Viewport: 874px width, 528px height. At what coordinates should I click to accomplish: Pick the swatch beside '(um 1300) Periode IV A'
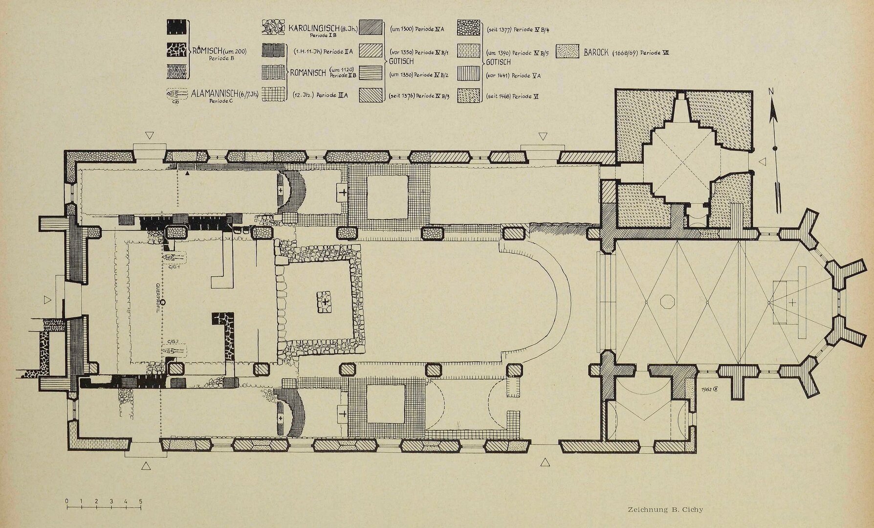click(370, 28)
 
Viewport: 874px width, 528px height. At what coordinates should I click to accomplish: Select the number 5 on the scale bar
click(141, 502)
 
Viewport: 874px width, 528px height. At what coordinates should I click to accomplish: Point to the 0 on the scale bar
click(66, 502)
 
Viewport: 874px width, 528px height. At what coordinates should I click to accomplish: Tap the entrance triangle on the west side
click(47, 298)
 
